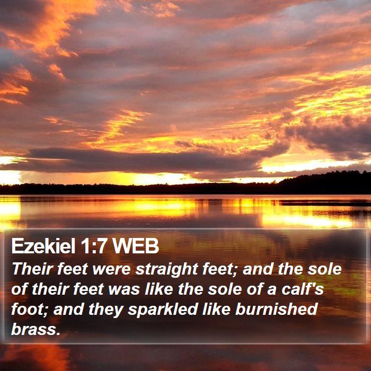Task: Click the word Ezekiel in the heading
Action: (x=43, y=246)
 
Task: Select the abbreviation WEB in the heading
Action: (x=135, y=246)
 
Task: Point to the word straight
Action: (x=166, y=270)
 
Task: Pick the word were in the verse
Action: (x=111, y=270)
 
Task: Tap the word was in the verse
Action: (x=123, y=290)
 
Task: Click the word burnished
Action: (x=276, y=309)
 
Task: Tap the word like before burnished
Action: (x=216, y=309)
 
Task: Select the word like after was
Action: (x=159, y=289)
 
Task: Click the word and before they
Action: (x=68, y=309)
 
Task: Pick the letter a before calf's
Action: (x=271, y=290)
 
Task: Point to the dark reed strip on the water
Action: (x=324, y=203)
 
